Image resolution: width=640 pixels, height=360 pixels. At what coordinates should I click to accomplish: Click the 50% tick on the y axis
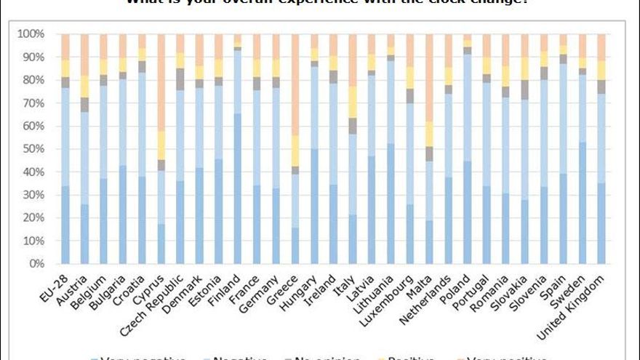point(35,149)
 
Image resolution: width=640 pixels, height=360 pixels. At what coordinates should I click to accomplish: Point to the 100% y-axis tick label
point(32,34)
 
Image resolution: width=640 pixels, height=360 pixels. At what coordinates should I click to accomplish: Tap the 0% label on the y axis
point(38,264)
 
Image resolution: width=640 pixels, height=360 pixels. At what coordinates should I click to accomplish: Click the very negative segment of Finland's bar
point(238,189)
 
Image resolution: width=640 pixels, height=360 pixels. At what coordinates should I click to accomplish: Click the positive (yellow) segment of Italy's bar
point(353,102)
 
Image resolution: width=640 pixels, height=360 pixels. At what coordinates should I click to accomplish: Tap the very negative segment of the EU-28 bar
point(65,225)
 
